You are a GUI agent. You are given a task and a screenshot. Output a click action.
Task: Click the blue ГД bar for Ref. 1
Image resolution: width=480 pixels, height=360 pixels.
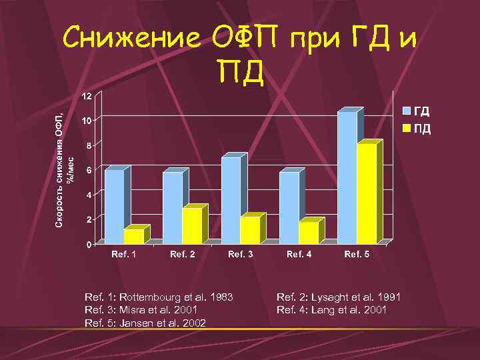tap(114, 207)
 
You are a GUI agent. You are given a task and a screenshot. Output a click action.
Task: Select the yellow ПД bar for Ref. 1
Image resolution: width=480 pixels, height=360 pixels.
tap(133, 235)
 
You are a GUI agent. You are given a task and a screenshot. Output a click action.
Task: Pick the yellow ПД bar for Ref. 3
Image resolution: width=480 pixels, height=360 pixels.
tap(250, 230)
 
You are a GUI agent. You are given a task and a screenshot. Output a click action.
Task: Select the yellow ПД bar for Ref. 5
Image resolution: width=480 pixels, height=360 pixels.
tap(367, 193)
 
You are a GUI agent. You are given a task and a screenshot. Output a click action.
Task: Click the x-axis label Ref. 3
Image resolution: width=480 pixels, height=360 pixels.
tap(241, 254)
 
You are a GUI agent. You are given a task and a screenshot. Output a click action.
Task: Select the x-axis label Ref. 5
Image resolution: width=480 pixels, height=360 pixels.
tap(357, 254)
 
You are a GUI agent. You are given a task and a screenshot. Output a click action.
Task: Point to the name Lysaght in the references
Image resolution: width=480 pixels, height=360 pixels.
tap(327, 297)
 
